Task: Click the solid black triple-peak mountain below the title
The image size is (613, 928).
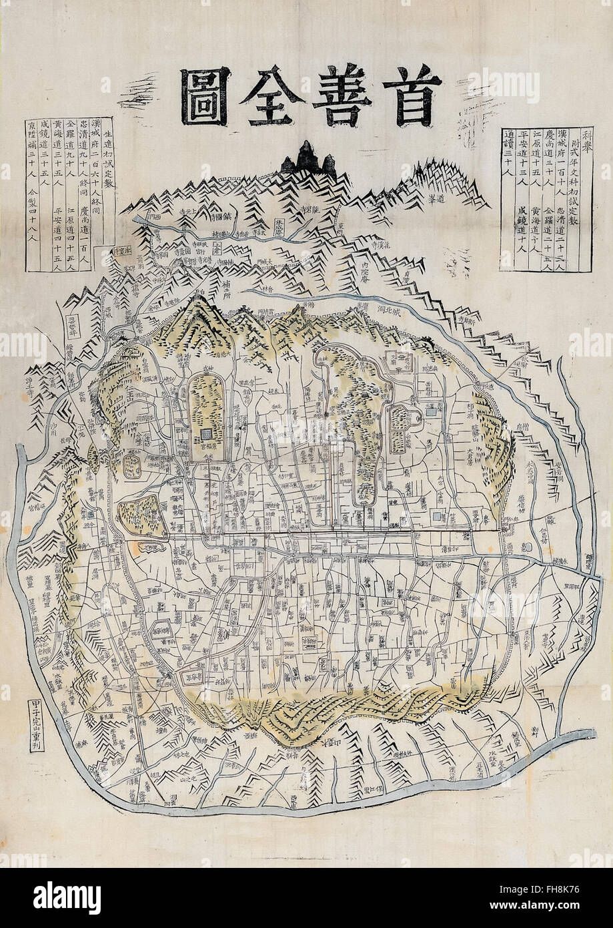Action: click(308, 159)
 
